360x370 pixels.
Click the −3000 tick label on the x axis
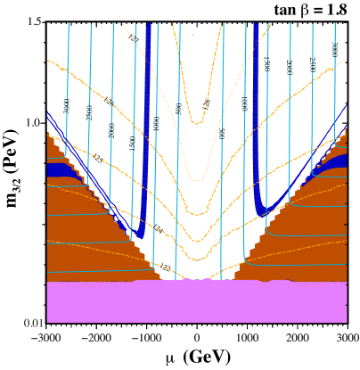pos(46,339)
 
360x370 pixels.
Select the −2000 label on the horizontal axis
pos(96,339)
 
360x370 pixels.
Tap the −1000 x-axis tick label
pos(146,339)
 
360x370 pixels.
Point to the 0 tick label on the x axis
pos(197,339)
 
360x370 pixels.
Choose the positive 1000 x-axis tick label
pos(247,339)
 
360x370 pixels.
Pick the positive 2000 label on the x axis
pos(297,339)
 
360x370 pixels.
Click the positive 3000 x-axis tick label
pos(347,339)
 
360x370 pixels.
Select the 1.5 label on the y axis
pos(35,21)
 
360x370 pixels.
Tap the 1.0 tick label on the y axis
pos(35,122)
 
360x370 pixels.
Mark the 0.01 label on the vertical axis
pos(32,322)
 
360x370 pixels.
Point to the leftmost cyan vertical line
pos(68,89)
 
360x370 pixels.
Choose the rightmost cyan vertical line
pos(335,89)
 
